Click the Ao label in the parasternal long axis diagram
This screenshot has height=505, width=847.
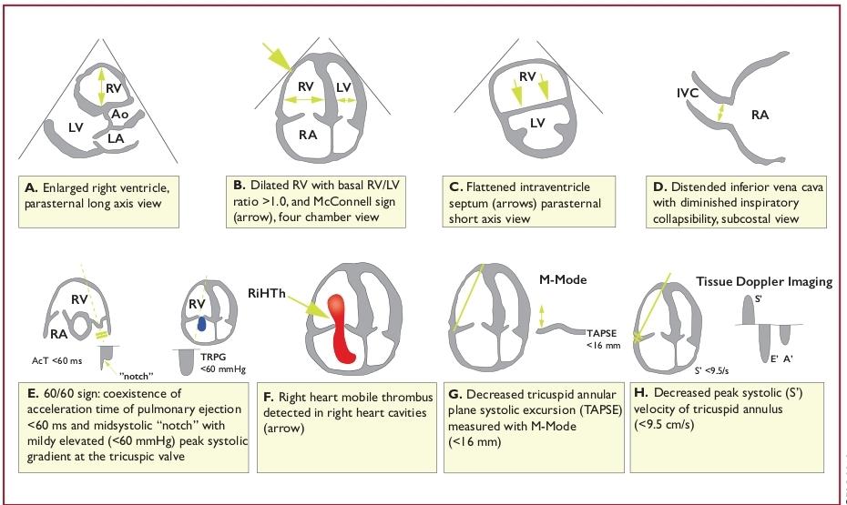coord(119,115)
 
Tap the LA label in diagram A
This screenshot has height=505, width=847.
coord(116,138)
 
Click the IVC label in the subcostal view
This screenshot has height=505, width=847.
coord(688,93)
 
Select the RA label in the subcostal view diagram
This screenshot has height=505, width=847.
coord(760,115)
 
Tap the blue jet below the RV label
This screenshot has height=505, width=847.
coord(201,323)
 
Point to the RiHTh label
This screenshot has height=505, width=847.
coord(266,293)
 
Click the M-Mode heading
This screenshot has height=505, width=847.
coord(563,279)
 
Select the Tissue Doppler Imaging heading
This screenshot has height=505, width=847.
coord(764,281)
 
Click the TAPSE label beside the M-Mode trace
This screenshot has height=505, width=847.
coord(602,333)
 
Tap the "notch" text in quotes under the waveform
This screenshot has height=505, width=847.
coord(136,376)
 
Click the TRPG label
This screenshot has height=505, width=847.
coord(213,357)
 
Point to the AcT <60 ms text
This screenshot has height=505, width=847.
coord(56,360)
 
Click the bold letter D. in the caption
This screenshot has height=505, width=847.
coord(659,187)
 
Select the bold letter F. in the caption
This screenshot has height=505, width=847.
coord(269,397)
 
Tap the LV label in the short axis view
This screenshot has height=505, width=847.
coord(537,123)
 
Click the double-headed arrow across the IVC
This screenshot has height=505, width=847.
coord(720,113)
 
